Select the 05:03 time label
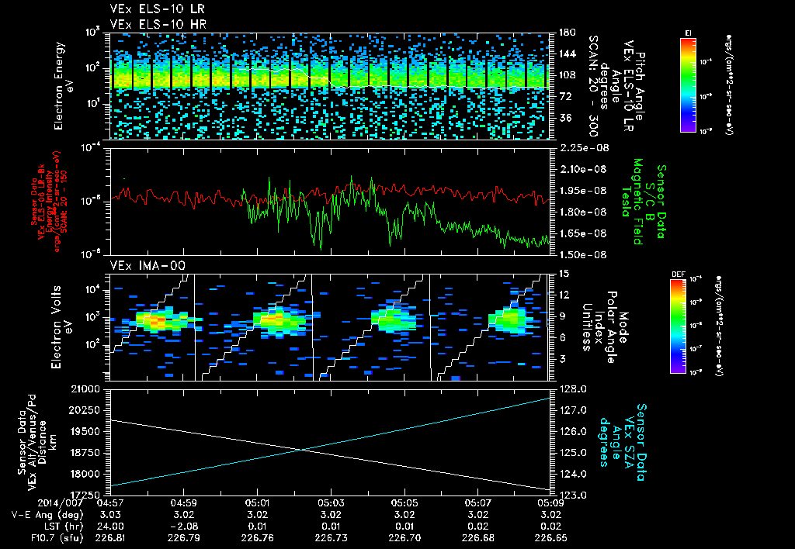click(x=331, y=502)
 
